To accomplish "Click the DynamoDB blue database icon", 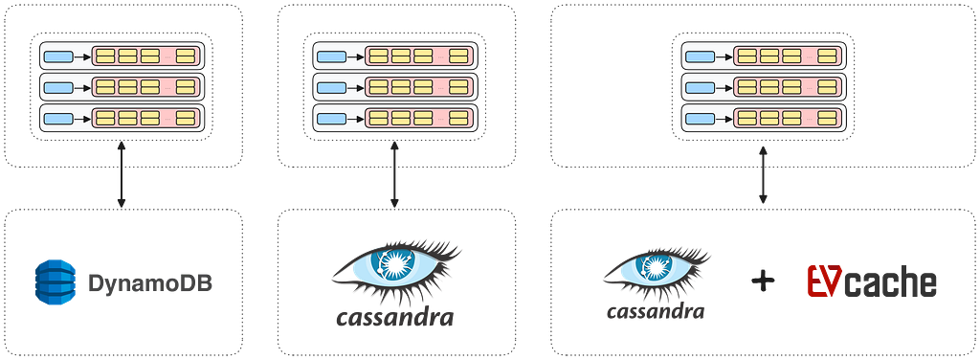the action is pyautogui.click(x=56, y=282).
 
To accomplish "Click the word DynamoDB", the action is pyautogui.click(x=150, y=283).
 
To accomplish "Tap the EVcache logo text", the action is pyautogui.click(x=872, y=281).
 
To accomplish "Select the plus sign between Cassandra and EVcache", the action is pyautogui.click(x=763, y=281).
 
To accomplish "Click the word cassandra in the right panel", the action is pyautogui.click(x=657, y=310).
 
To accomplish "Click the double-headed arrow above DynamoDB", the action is pyautogui.click(x=122, y=174).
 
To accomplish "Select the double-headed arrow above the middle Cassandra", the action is pyautogui.click(x=394, y=174).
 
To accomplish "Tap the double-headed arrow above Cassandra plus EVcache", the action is pyautogui.click(x=763, y=175).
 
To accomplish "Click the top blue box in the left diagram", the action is pyautogui.click(x=59, y=56).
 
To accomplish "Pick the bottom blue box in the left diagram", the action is pyautogui.click(x=59, y=118).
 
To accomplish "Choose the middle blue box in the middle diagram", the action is pyautogui.click(x=331, y=87).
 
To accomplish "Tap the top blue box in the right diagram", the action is pyautogui.click(x=700, y=56).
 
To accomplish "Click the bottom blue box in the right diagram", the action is pyautogui.click(x=700, y=118).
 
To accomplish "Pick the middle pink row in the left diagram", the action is pyautogui.click(x=146, y=87).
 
